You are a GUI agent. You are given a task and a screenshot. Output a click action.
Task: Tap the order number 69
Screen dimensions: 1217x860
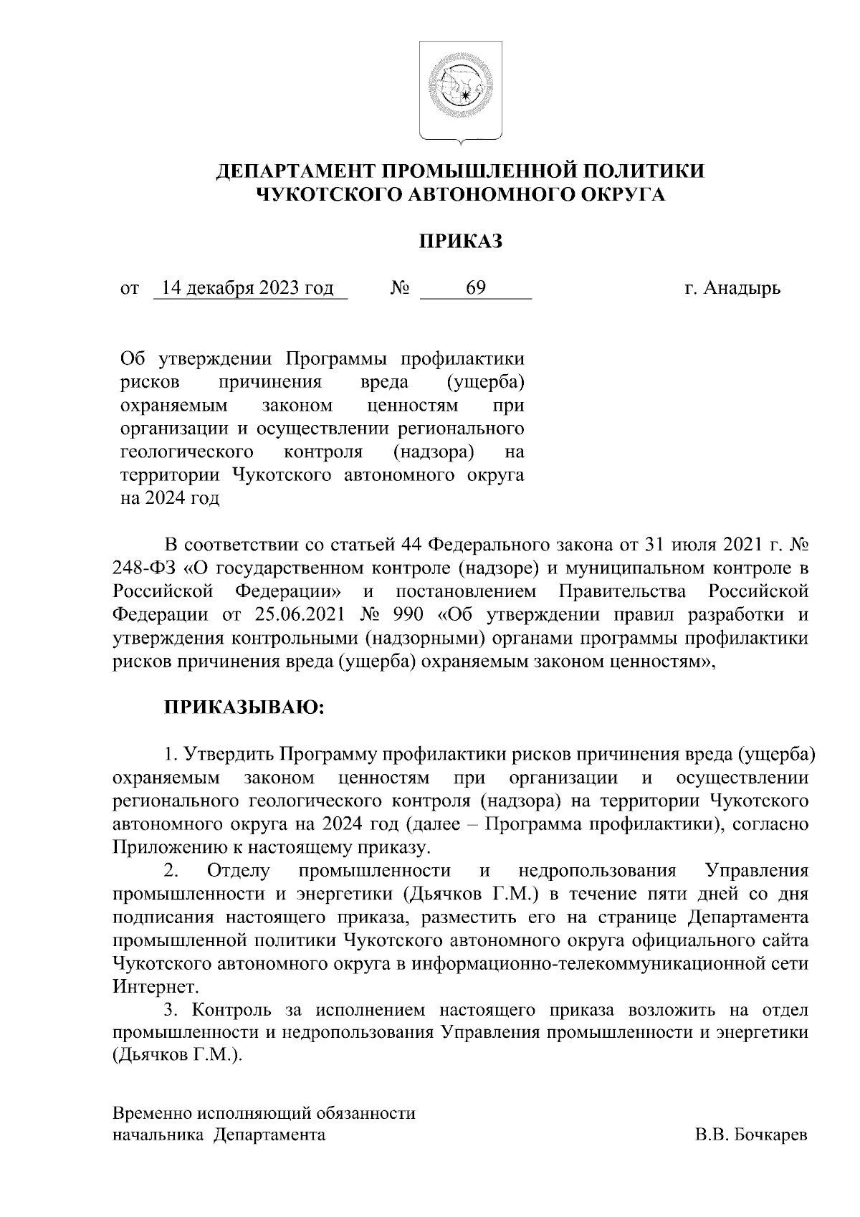[476, 288]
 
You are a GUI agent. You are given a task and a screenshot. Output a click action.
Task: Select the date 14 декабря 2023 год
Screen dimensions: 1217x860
[248, 288]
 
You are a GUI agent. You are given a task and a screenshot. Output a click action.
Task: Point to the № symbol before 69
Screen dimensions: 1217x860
[400, 289]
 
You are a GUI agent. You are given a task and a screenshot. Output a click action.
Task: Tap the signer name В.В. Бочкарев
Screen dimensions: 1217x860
[750, 1135]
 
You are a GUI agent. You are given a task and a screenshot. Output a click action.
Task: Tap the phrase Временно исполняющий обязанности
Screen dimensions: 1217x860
[264, 1113]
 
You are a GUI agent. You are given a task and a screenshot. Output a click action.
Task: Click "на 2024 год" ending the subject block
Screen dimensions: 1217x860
[169, 499]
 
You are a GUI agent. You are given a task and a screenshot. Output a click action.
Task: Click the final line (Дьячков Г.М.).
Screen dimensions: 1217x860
[178, 1056]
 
